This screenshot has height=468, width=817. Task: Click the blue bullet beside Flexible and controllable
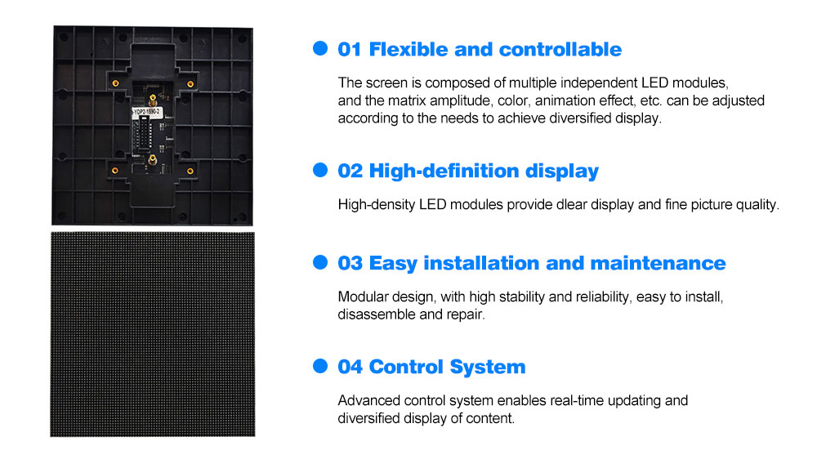320,48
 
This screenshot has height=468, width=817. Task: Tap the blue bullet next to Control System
320,366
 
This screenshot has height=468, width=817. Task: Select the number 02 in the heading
350,171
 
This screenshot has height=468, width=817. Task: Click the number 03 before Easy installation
350,263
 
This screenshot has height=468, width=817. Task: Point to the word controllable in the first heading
560,50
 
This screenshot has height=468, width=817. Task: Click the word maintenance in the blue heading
658,263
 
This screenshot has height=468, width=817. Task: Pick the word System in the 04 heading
487,368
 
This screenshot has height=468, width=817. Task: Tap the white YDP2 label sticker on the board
146,112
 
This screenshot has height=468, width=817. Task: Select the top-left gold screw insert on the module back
116,83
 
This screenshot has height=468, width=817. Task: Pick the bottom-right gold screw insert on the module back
190,171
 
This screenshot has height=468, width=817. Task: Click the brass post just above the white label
153,99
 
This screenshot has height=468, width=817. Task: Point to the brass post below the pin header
153,159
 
